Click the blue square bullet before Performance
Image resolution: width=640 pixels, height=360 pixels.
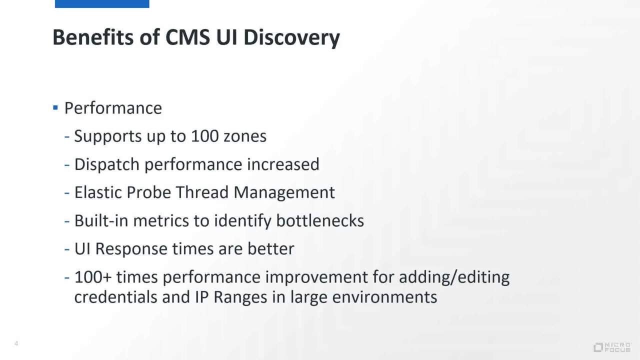point(55,107)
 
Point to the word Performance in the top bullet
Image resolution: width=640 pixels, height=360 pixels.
point(113,108)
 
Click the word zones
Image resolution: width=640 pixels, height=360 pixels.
point(244,136)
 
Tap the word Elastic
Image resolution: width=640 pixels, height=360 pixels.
point(98,192)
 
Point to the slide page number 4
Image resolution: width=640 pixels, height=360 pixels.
point(16,343)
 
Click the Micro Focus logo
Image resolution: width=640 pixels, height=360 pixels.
point(612,347)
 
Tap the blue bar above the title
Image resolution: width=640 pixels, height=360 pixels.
point(102,3)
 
